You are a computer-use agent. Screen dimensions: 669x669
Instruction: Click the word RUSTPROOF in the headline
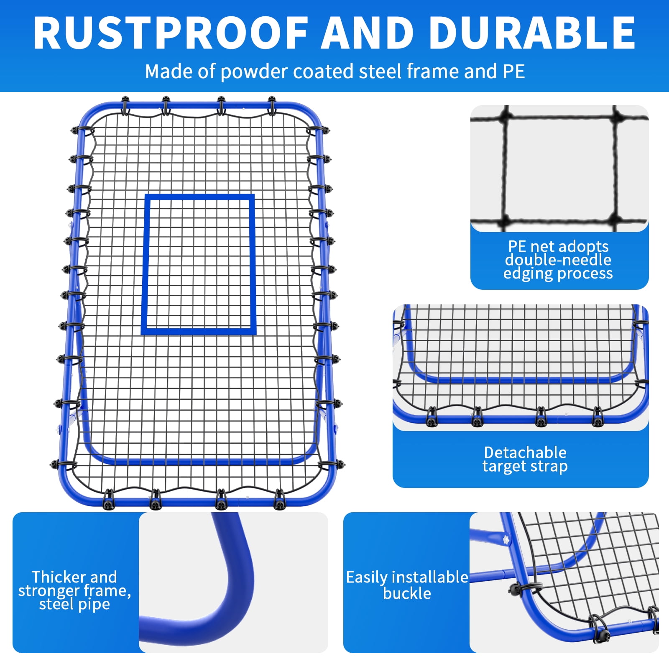(x=171, y=33)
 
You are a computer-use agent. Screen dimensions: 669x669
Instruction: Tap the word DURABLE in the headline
(x=532, y=33)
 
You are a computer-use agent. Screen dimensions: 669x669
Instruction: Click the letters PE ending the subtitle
(x=514, y=71)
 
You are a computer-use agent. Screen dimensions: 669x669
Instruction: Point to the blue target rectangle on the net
(x=144, y=265)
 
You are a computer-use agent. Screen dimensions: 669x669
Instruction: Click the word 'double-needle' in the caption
(x=558, y=260)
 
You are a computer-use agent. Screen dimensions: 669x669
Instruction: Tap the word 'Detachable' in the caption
(x=525, y=452)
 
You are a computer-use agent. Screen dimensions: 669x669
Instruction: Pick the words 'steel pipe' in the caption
(x=74, y=604)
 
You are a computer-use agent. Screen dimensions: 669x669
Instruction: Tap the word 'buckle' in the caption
(x=407, y=593)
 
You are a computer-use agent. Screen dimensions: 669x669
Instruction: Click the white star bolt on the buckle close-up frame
(x=506, y=540)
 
